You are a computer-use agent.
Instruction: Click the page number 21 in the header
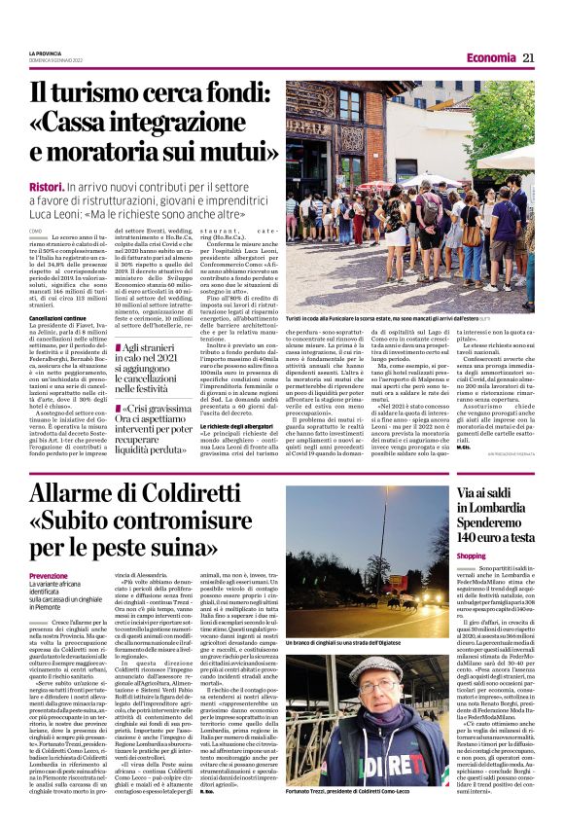coord(528,57)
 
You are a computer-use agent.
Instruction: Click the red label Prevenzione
coord(50,576)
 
